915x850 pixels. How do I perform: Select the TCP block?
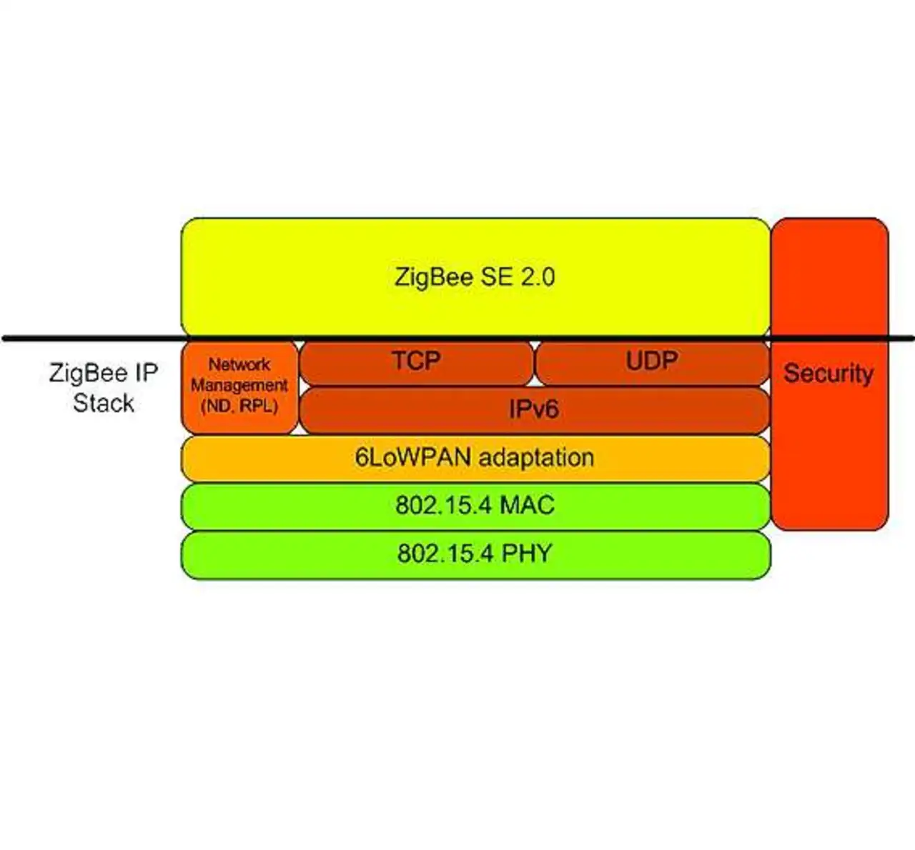coord(416,361)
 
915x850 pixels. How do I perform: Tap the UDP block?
coord(652,361)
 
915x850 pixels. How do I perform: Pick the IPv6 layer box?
coord(533,410)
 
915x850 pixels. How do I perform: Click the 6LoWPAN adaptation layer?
coord(475,458)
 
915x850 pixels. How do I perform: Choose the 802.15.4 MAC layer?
coord(475,506)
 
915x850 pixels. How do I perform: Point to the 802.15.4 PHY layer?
coord(475,554)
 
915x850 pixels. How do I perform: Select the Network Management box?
coord(239,386)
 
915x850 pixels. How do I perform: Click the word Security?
coord(829,374)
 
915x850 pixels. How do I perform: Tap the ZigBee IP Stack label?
coord(103,388)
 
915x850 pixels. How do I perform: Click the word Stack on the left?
coord(103,404)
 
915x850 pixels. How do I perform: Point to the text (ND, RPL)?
coord(239,406)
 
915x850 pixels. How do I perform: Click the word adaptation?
coord(535,458)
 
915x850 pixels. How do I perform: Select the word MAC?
coord(527,506)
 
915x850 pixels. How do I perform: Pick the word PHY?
coord(526,554)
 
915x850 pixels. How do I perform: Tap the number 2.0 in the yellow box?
coord(537,277)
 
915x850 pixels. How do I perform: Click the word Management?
coord(239,386)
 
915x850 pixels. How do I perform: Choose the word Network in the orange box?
coord(239,365)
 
